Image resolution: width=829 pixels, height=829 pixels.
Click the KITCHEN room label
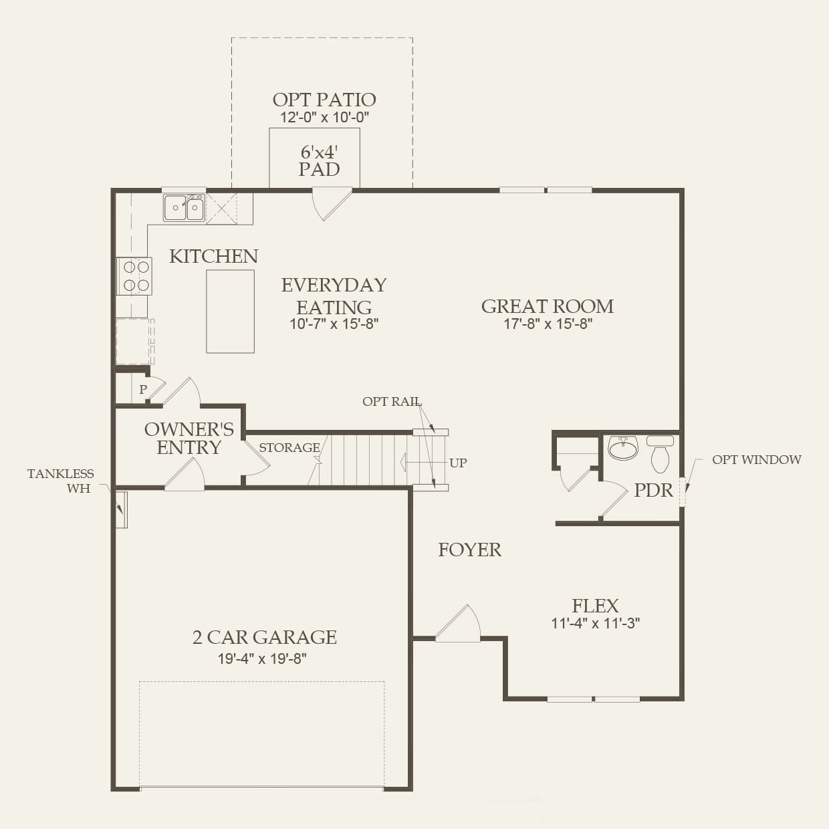pyautogui.click(x=213, y=256)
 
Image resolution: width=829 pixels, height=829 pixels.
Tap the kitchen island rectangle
pyautogui.click(x=230, y=312)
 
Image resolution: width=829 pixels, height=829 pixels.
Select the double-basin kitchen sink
pyautogui.click(x=184, y=208)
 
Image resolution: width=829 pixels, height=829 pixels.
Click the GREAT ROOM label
pyautogui.click(x=548, y=306)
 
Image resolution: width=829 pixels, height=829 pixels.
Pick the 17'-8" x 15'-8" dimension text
pyautogui.click(x=548, y=324)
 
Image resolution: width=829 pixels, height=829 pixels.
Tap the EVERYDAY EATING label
pyautogui.click(x=334, y=296)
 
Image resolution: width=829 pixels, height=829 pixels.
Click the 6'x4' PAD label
pyautogui.click(x=319, y=160)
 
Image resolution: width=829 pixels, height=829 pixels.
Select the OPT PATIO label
pyautogui.click(x=324, y=100)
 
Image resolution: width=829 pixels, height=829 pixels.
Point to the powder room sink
pyautogui.click(x=623, y=448)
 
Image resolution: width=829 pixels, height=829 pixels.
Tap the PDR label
pyautogui.click(x=653, y=490)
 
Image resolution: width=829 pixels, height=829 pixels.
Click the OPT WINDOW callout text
pyautogui.click(x=756, y=460)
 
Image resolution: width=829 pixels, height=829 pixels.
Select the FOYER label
pyautogui.click(x=469, y=550)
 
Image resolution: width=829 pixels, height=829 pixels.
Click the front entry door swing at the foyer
pyautogui.click(x=459, y=624)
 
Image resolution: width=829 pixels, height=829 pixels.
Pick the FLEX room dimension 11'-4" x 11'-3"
pyautogui.click(x=595, y=623)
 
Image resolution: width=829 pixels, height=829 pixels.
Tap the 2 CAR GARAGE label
pyautogui.click(x=264, y=637)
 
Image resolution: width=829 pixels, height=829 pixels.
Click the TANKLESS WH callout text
pyautogui.click(x=61, y=481)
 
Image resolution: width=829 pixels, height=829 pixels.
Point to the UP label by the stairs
pyautogui.click(x=458, y=463)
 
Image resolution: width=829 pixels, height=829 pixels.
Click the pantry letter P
pyautogui.click(x=143, y=389)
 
